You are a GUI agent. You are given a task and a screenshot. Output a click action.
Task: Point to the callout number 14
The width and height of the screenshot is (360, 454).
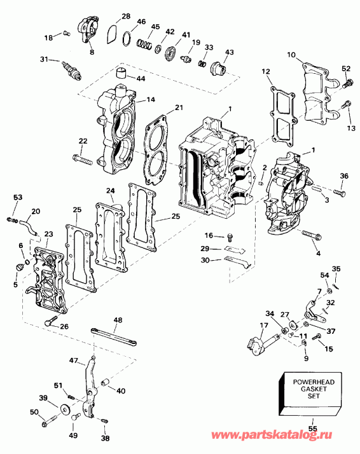[151, 99]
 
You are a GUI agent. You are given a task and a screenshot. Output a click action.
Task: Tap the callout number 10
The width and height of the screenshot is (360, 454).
[291, 55]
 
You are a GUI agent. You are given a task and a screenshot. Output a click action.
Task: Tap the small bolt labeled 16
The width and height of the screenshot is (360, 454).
[229, 237]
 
